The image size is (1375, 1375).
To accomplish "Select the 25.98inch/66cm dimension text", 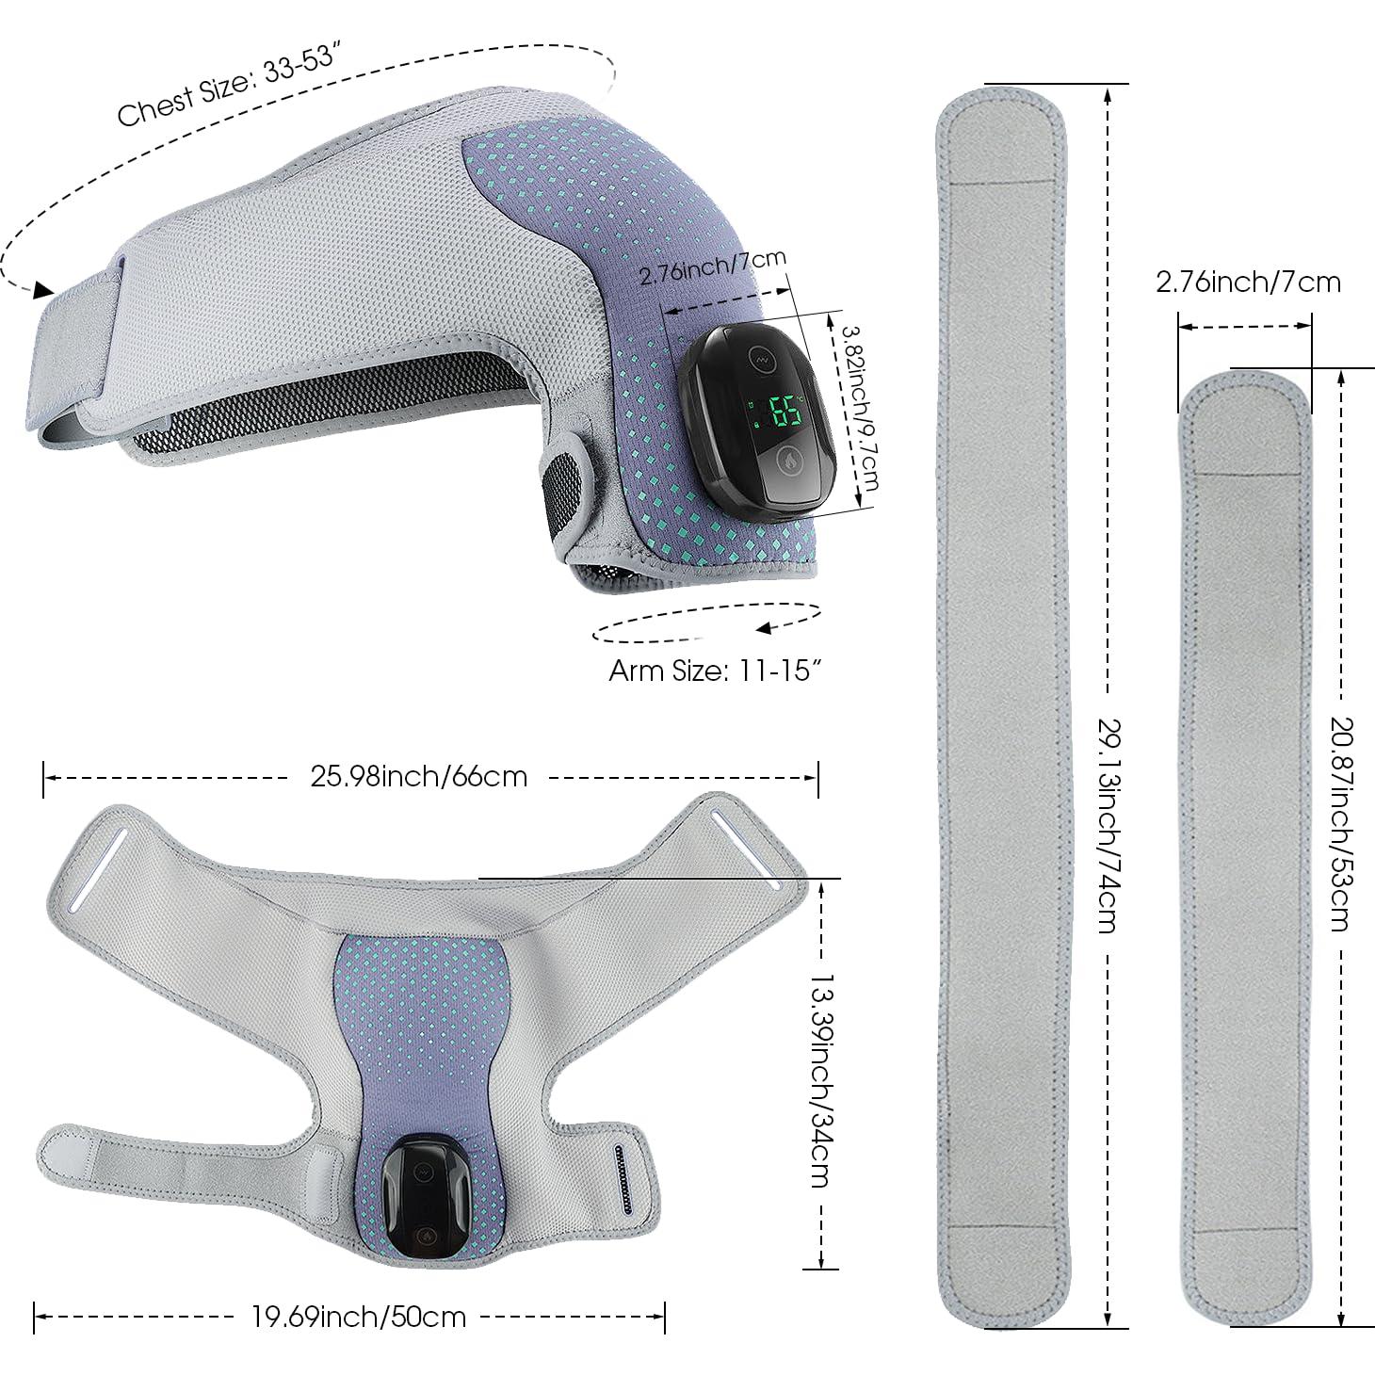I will tap(418, 776).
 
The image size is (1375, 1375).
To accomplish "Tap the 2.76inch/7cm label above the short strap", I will tap(1248, 282).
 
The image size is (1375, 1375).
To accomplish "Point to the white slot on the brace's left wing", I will tap(97, 865).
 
